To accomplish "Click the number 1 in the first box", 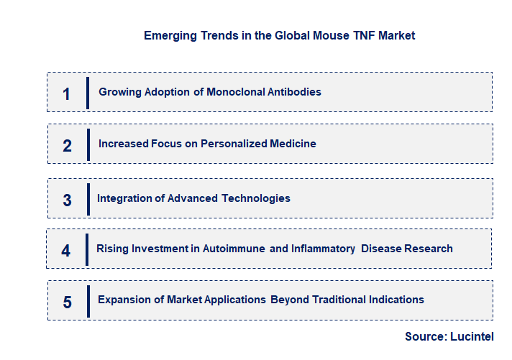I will tap(66, 93).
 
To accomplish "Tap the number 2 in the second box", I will tap(67, 145).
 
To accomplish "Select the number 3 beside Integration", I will tap(67, 200).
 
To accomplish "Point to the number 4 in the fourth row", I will tap(65, 251).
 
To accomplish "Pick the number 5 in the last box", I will tap(67, 302).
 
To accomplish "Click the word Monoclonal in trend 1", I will tap(237, 92).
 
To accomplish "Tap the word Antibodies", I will tap(294, 92).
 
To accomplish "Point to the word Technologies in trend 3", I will tap(256, 198).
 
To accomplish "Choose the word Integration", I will tap(125, 198).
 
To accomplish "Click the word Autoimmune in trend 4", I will tap(235, 249).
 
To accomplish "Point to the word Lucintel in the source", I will tap(471, 336).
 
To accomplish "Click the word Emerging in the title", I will tap(169, 35).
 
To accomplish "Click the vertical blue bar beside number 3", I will tap(88, 198).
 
